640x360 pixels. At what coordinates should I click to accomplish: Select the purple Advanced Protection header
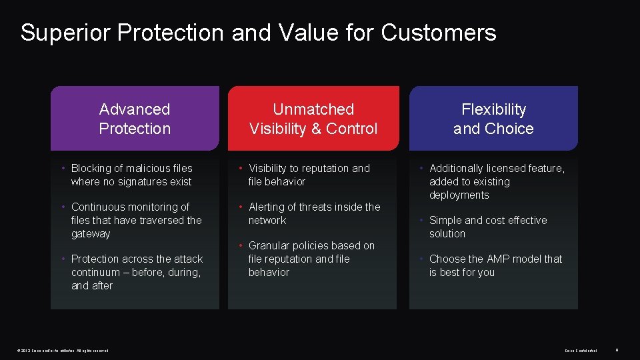(x=135, y=119)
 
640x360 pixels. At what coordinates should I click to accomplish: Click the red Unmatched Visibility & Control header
(x=313, y=119)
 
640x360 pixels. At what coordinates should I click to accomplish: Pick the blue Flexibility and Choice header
(x=493, y=119)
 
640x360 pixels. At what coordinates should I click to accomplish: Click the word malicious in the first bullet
(x=149, y=169)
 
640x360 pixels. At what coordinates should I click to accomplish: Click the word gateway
(x=91, y=234)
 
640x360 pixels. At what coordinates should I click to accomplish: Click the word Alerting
(x=270, y=207)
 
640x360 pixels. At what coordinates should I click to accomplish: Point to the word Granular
(x=270, y=246)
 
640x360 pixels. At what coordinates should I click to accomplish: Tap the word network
(x=267, y=221)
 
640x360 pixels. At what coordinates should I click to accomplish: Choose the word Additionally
(x=460, y=169)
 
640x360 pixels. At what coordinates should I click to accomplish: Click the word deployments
(x=459, y=195)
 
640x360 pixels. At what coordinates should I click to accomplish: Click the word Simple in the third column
(x=445, y=221)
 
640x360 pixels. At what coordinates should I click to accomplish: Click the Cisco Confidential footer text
(x=581, y=350)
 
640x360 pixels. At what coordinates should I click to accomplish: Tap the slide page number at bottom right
(x=617, y=350)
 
